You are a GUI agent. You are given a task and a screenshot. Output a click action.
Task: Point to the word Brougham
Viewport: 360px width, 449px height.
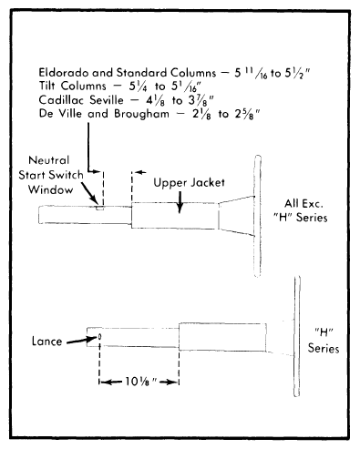pos(141,114)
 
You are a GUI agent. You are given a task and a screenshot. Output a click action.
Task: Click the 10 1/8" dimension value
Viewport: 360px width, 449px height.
pos(140,382)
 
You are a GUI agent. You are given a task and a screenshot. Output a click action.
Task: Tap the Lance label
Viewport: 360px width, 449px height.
pos(46,342)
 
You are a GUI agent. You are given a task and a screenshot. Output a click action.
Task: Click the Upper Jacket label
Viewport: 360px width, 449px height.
pos(189,183)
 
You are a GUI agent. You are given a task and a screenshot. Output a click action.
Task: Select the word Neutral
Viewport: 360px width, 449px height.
pos(49,160)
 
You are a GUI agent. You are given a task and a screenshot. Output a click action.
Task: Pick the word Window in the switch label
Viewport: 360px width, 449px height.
pos(51,189)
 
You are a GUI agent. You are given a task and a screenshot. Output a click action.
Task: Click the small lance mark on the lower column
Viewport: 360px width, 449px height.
pos(99,337)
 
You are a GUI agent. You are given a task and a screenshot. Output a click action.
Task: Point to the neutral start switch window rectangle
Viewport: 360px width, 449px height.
pos(99,208)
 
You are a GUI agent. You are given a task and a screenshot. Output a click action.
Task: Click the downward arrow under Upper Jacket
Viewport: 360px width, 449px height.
pos(180,202)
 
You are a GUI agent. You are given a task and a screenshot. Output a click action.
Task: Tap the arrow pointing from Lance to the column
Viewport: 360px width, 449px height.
pos(81,340)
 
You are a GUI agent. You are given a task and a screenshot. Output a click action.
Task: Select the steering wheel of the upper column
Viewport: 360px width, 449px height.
pos(257,216)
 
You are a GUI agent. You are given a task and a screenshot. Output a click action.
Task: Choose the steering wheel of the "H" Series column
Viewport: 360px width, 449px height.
pos(297,336)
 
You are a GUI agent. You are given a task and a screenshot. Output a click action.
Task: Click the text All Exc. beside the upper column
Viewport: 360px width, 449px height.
pos(303,203)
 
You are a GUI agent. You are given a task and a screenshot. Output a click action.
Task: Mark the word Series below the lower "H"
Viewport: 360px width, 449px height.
pos(324,348)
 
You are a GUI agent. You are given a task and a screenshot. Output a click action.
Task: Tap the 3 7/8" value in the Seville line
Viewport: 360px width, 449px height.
pos(201,100)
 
